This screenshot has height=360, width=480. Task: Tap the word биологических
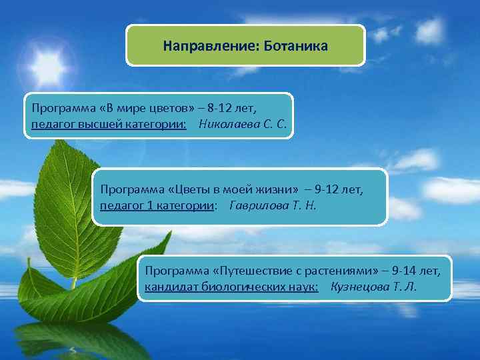238,287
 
